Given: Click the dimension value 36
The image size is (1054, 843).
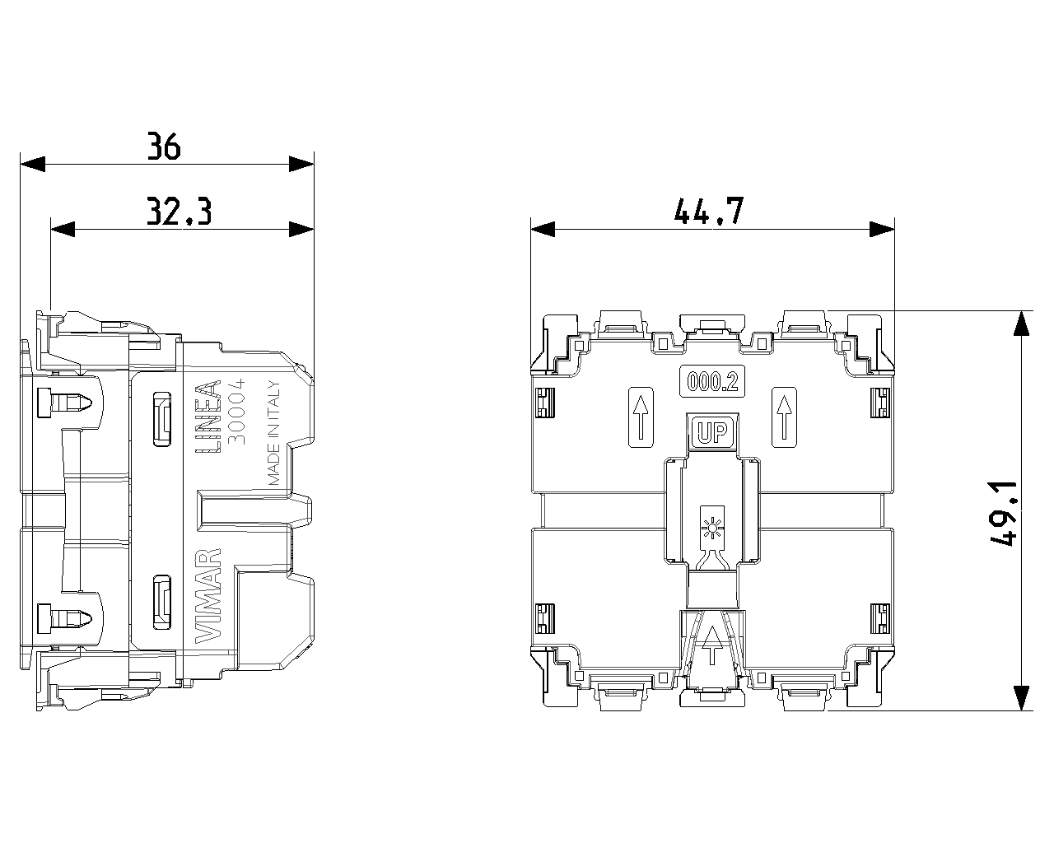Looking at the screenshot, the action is [164, 146].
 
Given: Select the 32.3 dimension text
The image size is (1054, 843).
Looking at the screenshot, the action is [180, 211].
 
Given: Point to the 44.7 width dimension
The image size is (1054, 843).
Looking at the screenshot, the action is [709, 211].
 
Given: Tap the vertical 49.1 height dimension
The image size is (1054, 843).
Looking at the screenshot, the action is [1003, 514].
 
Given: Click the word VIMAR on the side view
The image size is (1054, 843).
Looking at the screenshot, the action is [208, 596].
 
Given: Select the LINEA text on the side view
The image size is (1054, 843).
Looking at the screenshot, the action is [208, 417].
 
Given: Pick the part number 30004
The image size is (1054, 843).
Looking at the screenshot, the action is [237, 411].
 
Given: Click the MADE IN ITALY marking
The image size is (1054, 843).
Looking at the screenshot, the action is [274, 433].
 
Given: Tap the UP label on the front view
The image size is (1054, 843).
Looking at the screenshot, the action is [712, 432].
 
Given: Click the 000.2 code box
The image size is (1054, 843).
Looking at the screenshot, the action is [712, 381].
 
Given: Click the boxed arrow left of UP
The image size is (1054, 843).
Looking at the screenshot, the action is [641, 417].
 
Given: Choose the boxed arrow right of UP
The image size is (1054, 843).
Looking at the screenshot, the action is [784, 417].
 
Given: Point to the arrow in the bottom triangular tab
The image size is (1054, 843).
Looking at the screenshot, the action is [712, 645].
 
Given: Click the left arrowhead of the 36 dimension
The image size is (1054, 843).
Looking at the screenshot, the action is [32, 164].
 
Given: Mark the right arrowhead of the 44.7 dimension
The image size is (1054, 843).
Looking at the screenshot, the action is [882, 229].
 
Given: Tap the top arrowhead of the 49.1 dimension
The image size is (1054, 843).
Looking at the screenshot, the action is [1021, 324].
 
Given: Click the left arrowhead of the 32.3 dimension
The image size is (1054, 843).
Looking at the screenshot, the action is [63, 229].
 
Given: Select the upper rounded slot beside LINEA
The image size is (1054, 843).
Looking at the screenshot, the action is [162, 419].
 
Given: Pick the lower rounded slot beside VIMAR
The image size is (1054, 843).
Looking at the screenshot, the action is [162, 602].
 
